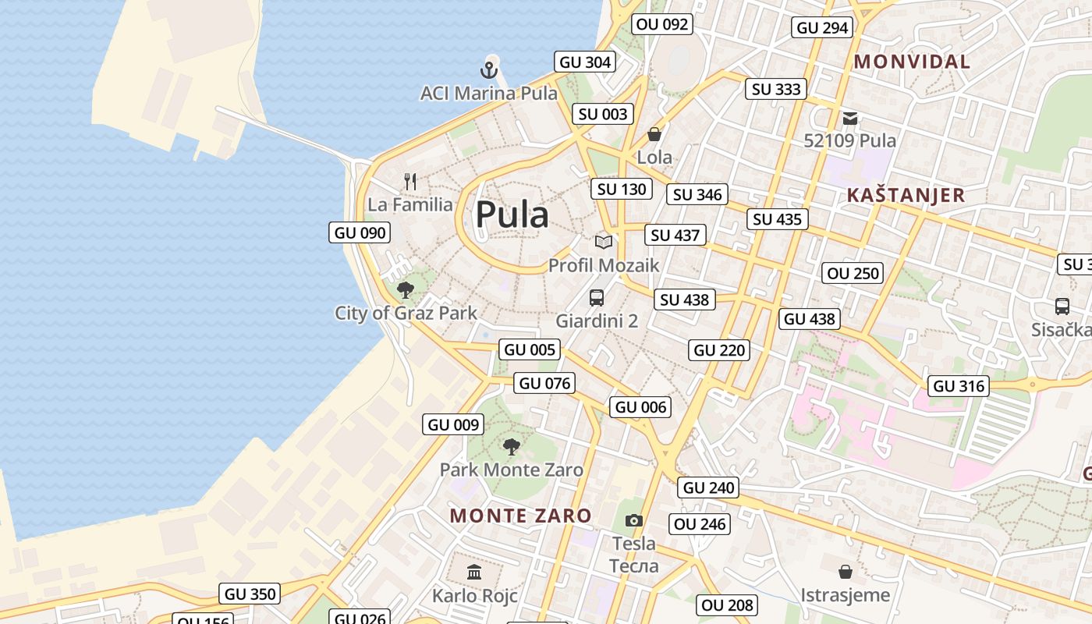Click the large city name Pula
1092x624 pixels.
pyautogui.click(x=512, y=214)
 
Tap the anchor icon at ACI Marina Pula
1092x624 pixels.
pyautogui.click(x=489, y=71)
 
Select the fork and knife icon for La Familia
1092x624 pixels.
pyautogui.click(x=410, y=182)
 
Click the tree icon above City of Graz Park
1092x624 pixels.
pyautogui.click(x=405, y=290)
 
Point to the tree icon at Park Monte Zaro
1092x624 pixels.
pyautogui.click(x=511, y=446)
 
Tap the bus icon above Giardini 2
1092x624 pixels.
pyautogui.click(x=597, y=297)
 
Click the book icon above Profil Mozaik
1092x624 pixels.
pyautogui.click(x=603, y=242)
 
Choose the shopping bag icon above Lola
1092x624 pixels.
pyautogui.click(x=654, y=134)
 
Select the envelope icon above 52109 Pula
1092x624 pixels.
pyautogui.click(x=849, y=119)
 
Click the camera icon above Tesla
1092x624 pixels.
pyautogui.click(x=634, y=520)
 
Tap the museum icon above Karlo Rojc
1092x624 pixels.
pyautogui.click(x=474, y=573)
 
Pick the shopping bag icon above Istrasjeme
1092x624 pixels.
pyautogui.click(x=845, y=572)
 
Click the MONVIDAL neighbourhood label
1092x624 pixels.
pyautogui.click(x=912, y=62)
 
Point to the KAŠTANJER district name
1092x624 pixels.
pyautogui.click(x=906, y=195)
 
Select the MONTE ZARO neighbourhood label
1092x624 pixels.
pyautogui.click(x=520, y=516)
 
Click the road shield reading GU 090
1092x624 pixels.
pyautogui.click(x=360, y=232)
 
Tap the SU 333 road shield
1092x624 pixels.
pyautogui.click(x=776, y=89)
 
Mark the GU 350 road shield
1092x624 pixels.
pyautogui.click(x=250, y=594)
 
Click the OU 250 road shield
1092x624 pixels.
pyautogui.click(x=853, y=273)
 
